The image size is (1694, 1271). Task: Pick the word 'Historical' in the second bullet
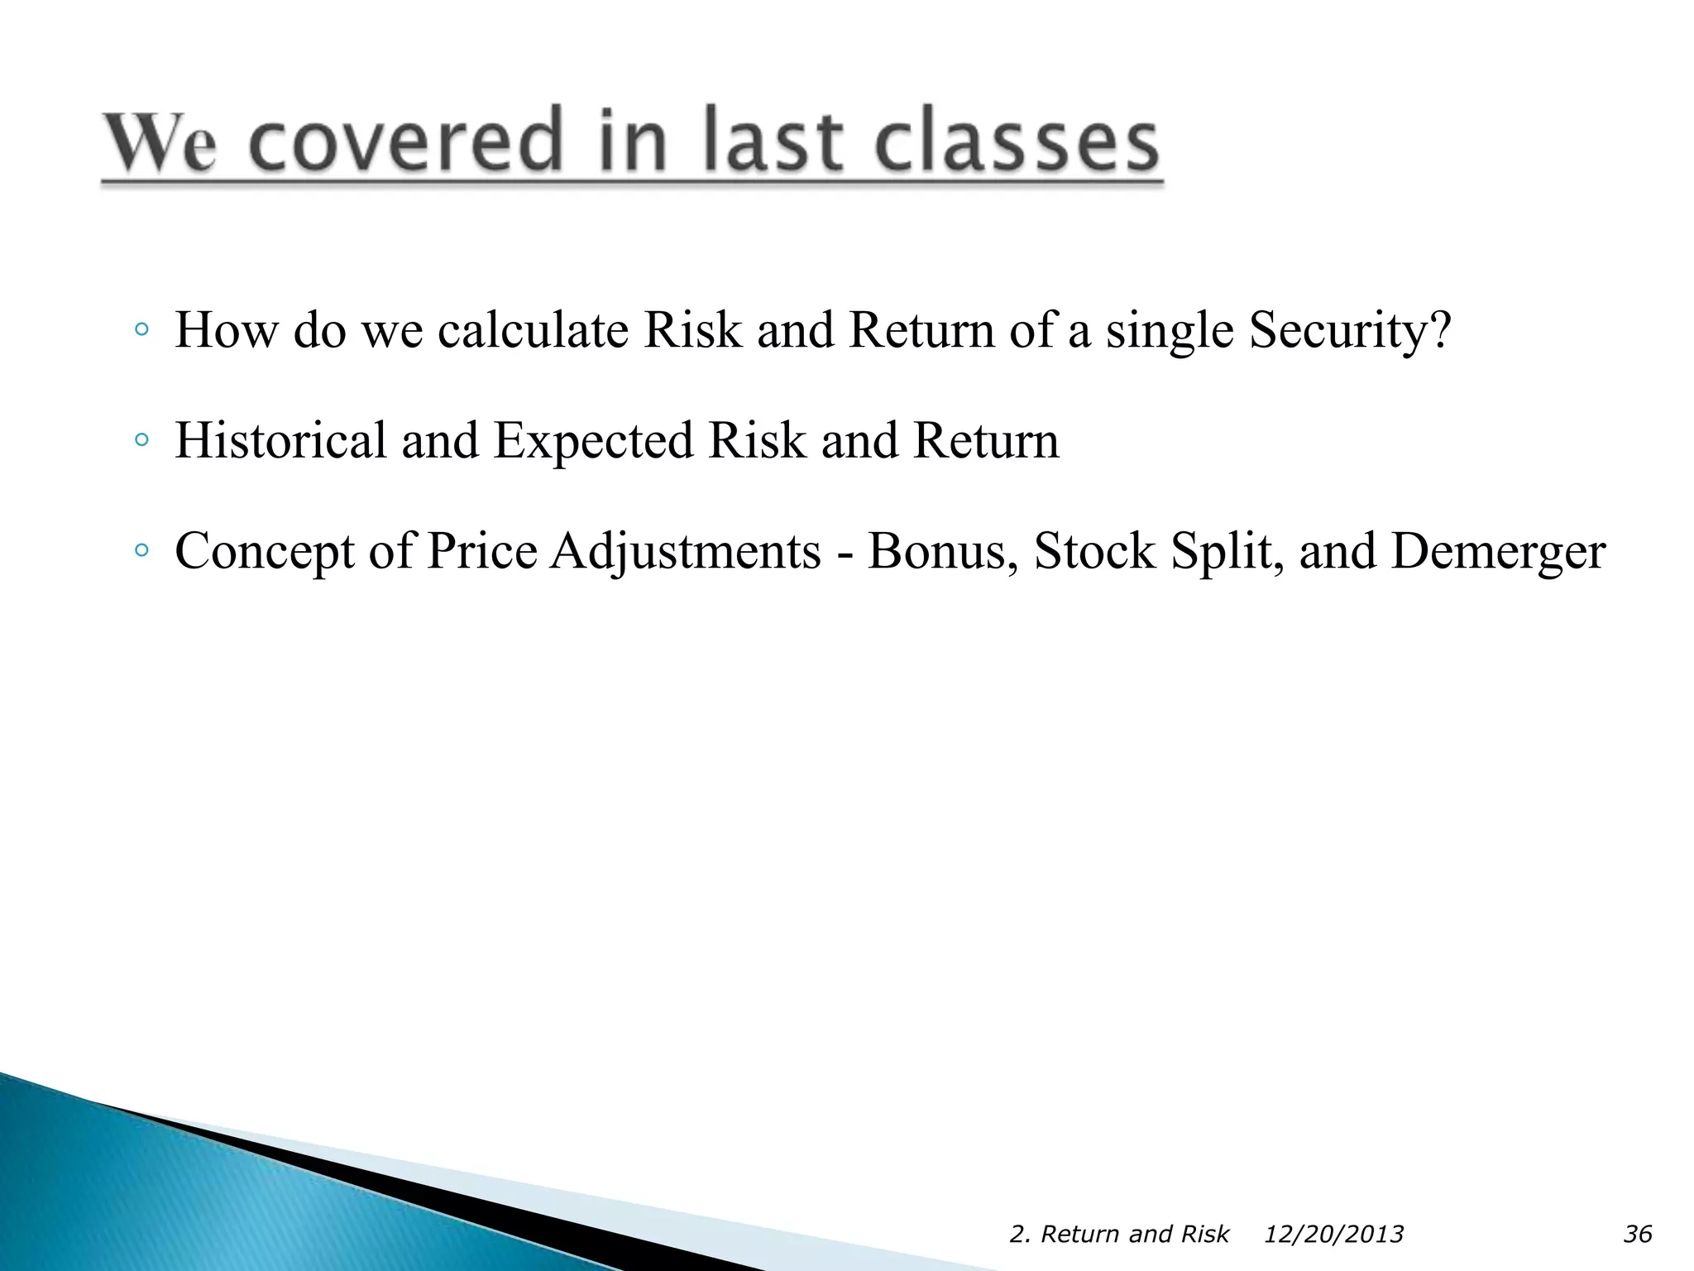pyautogui.click(x=280, y=440)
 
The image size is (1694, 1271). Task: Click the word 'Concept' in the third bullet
pyautogui.click(x=264, y=552)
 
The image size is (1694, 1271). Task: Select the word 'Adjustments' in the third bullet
pyautogui.click(x=685, y=552)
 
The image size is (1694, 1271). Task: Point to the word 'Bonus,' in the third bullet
pyautogui.click(x=943, y=552)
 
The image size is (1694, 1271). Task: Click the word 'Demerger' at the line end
pyautogui.click(x=1498, y=552)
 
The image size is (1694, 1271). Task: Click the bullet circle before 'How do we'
pyautogui.click(x=141, y=330)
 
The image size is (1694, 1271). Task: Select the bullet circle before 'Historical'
pyautogui.click(x=141, y=440)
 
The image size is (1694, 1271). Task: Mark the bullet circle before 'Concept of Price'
pyautogui.click(x=141, y=550)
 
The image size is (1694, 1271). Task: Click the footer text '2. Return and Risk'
pyautogui.click(x=1119, y=1235)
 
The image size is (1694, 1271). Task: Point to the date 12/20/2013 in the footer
pyautogui.click(x=1333, y=1235)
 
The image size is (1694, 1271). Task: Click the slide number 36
pyautogui.click(x=1638, y=1235)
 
